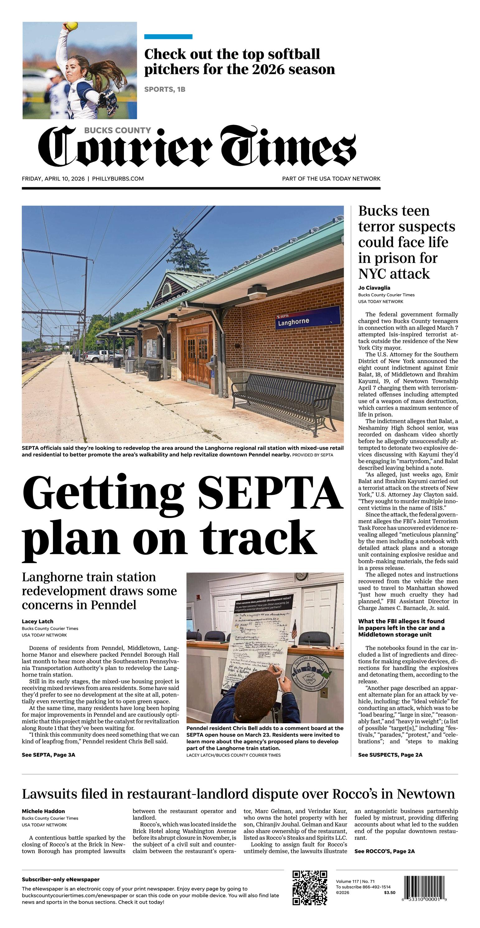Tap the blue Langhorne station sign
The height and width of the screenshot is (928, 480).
308,318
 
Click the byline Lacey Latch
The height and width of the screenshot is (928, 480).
37,621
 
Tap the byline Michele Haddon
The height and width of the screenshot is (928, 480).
43,811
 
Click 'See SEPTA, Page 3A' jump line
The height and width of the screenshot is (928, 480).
48,755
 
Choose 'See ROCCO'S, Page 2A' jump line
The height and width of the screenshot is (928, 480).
384,851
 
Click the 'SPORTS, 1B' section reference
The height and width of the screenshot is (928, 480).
165,89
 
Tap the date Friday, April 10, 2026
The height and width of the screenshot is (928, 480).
53,179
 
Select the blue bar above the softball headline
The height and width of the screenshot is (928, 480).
168,37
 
